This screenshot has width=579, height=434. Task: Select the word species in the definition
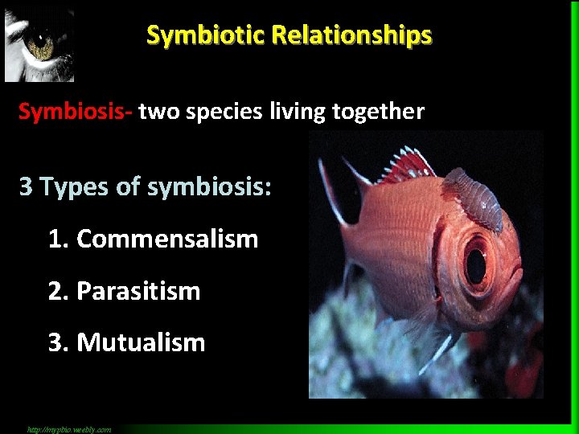coord(222,112)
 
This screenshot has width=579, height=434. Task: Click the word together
coord(380,112)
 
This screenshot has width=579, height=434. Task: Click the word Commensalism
coord(167,239)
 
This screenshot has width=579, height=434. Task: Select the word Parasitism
coord(138,291)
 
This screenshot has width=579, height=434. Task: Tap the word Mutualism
coord(141,342)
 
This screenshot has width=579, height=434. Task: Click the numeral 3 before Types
coord(27,187)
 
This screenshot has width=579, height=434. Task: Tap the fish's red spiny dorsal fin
coord(406,164)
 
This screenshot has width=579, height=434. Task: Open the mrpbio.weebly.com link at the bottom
coord(68,429)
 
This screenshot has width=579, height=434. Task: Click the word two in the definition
coord(159,112)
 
